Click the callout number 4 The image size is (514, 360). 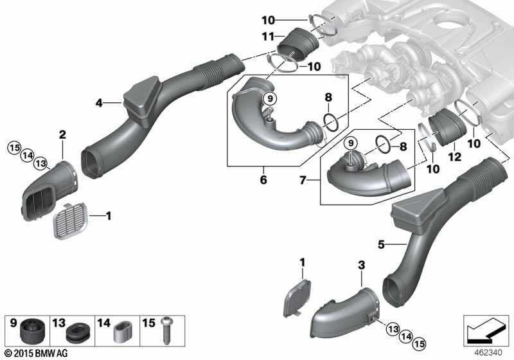pyautogui.click(x=99, y=102)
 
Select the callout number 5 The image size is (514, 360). pyautogui.click(x=381, y=244)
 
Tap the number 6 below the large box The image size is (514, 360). pyautogui.click(x=263, y=181)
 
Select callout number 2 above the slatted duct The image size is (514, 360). pyautogui.click(x=62, y=134)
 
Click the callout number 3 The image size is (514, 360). pyautogui.click(x=362, y=264)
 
